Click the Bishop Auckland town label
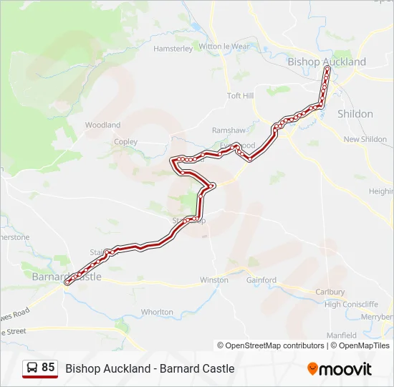[326, 62]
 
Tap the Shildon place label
[355, 114]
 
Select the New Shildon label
[365, 139]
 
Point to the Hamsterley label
[173, 49]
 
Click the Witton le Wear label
[224, 47]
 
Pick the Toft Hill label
[240, 95]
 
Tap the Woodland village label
[102, 125]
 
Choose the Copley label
[126, 142]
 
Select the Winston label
[214, 279]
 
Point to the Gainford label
[261, 279]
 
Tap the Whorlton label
[157, 312]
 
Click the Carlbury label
[330, 292]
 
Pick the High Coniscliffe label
[351, 304]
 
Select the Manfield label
[342, 335]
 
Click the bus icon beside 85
[32, 368]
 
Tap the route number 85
[48, 367]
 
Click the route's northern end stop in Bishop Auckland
[327, 70]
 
